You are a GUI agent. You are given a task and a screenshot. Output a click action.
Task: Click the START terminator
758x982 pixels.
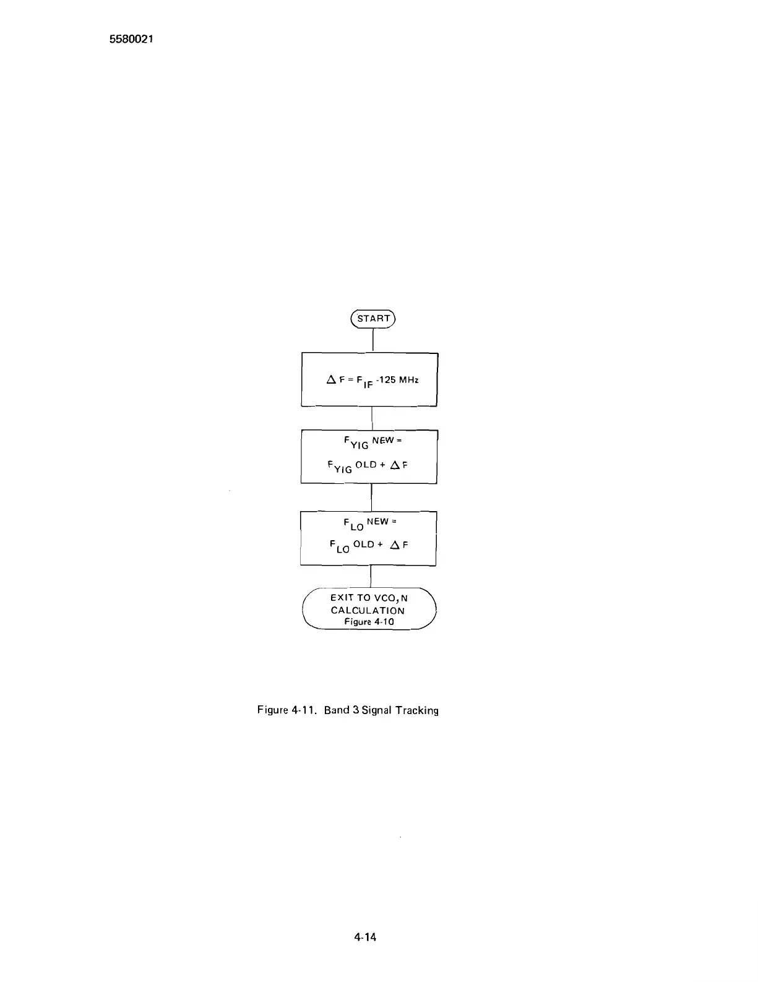(373, 319)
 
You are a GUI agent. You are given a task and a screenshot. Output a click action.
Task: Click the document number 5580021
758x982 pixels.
(131, 39)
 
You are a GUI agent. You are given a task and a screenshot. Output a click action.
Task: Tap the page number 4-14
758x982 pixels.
(365, 937)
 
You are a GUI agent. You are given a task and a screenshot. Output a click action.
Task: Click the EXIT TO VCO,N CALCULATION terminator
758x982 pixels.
(369, 609)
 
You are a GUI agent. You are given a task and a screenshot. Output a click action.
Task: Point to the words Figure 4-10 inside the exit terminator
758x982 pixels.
(369, 622)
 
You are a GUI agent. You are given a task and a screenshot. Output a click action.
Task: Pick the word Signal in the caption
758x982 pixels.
(377, 710)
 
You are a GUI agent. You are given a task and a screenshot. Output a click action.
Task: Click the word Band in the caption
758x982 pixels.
(337, 710)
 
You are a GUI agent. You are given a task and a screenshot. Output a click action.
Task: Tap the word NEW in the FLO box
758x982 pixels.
(377, 522)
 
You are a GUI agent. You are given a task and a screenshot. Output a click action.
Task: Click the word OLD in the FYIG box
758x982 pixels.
(366, 465)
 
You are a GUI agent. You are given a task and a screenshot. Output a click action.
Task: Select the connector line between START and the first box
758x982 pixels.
(373, 340)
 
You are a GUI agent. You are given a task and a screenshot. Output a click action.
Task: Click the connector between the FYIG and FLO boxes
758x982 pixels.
(371, 497)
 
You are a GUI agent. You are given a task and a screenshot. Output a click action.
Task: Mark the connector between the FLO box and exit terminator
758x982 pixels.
(370, 576)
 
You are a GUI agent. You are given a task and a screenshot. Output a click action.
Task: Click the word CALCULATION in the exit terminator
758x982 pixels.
(368, 610)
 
